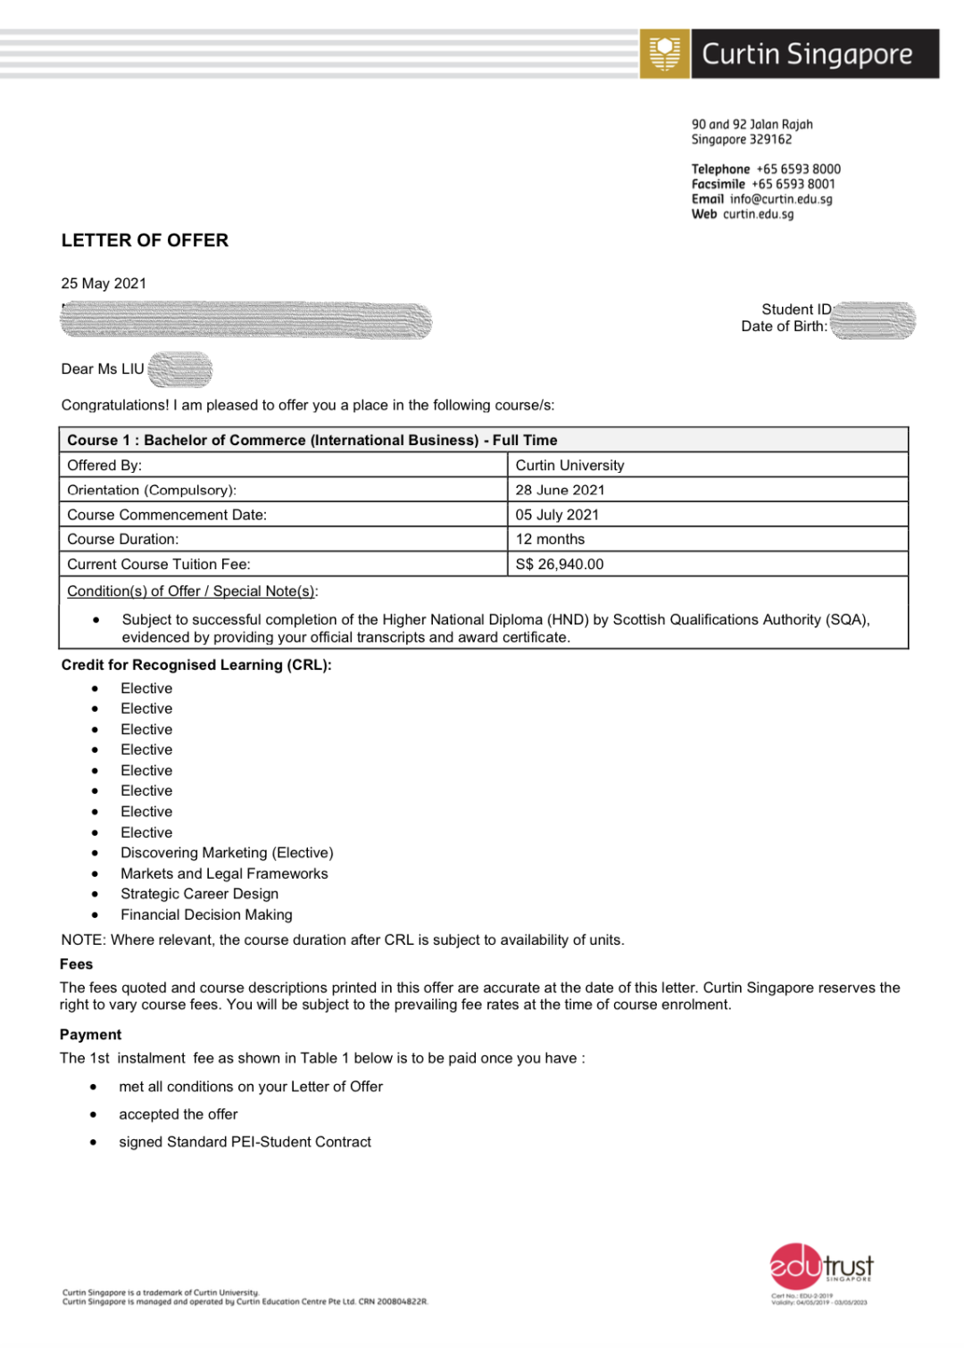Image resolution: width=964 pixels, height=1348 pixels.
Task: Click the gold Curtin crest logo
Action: pyautogui.click(x=665, y=54)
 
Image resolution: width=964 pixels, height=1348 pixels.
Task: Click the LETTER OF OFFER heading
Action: pyautogui.click(x=145, y=241)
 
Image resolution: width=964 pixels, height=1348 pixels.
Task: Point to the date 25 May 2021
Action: pyautogui.click(x=104, y=284)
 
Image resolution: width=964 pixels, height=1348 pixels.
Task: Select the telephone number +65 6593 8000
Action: pyautogui.click(x=798, y=170)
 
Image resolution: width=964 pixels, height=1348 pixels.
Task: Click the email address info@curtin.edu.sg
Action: pyautogui.click(x=781, y=199)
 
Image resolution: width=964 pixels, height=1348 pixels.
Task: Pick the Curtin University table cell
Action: pyautogui.click(x=569, y=466)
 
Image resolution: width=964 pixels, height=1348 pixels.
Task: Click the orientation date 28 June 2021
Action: pyautogui.click(x=560, y=490)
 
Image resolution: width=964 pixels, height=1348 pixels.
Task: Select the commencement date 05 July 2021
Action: pyautogui.click(x=557, y=515)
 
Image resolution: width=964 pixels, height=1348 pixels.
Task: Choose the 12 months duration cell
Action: pyautogui.click(x=550, y=540)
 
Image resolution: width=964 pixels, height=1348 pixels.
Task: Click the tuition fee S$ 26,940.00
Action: pyautogui.click(x=560, y=565)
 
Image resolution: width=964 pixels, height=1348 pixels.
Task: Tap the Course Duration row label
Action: pyautogui.click(x=122, y=540)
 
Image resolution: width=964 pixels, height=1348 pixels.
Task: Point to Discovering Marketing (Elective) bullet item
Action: pyautogui.click(x=227, y=853)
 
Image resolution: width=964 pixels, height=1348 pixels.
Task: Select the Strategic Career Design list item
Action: pyautogui.click(x=199, y=894)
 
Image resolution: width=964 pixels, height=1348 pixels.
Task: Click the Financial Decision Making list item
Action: pyautogui.click(x=206, y=914)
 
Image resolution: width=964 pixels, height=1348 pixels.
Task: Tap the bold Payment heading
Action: pyautogui.click(x=90, y=1035)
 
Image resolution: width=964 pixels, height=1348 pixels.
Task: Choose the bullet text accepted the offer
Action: pyautogui.click(x=179, y=1114)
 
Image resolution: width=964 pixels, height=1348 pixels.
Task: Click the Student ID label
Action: pyautogui.click(x=795, y=310)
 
